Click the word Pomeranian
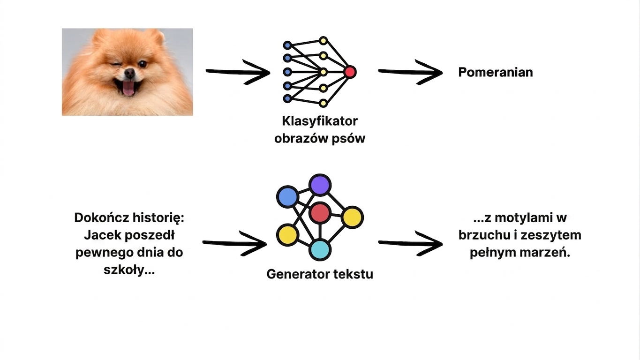496,72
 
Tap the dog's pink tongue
128,88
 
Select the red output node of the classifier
350,72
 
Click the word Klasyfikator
320,121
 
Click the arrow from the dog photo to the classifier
238,72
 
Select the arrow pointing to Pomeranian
410,72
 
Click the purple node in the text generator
320,185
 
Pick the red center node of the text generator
320,213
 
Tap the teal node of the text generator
320,250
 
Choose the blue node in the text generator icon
287,196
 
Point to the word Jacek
103,235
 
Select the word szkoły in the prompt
124,270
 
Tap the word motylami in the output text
523,218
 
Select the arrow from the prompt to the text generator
234,243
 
